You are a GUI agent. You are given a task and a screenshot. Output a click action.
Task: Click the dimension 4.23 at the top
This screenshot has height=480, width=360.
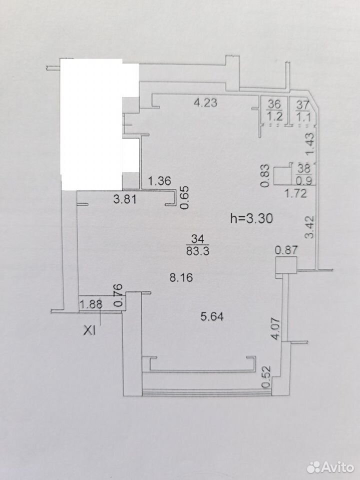coord(205,102)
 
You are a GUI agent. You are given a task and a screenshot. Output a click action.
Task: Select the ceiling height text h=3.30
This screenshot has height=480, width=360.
coord(251,218)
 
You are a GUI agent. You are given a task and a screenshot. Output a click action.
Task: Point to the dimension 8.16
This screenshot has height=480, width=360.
coord(181,277)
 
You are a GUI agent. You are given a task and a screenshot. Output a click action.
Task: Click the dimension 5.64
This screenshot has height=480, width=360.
coord(212,316)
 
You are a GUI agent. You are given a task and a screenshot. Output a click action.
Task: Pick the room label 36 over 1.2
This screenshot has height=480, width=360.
coord(274,110)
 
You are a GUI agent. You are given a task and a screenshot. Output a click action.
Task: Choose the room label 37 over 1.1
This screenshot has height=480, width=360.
coord(303,110)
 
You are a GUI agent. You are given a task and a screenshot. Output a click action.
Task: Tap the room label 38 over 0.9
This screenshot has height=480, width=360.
coord(303,174)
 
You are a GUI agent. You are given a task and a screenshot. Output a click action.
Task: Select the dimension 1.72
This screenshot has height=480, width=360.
coord(295,193)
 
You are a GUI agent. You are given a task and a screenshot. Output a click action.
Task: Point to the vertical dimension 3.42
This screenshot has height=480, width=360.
coord(310,227)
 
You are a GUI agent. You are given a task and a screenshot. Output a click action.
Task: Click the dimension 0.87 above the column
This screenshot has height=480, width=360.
coord(286,250)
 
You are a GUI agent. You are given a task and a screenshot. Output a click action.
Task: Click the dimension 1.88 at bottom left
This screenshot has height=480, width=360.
coord(91,304)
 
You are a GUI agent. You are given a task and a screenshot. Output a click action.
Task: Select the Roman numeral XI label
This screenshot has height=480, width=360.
coord(90,331)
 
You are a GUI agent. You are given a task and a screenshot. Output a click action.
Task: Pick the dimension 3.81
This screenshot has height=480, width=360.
coord(124,199)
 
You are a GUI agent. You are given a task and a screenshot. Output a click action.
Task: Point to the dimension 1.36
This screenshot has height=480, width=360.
coord(159,181)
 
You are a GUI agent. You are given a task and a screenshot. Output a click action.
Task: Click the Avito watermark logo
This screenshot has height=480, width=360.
coord(330,467)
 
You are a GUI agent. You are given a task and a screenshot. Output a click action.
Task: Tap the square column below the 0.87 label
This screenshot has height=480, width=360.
coord(286,265)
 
